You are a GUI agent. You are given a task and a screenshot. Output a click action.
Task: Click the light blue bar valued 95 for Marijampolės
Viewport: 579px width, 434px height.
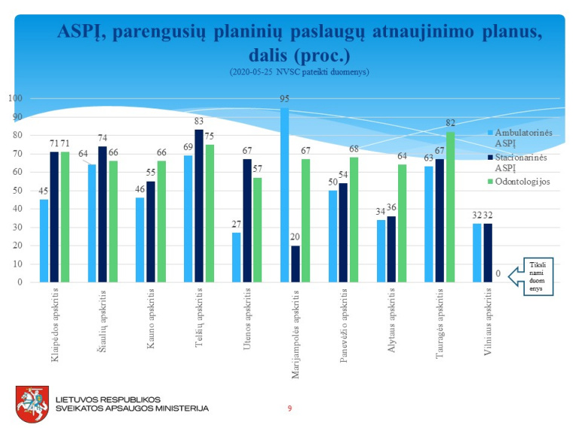[x=284, y=195]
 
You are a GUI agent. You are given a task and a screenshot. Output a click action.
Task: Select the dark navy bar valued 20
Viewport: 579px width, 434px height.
[x=295, y=264]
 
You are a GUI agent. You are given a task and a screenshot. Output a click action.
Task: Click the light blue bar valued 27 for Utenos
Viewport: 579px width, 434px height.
[x=236, y=257]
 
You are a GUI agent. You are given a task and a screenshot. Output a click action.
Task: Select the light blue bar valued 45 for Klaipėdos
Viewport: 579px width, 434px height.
[x=44, y=240]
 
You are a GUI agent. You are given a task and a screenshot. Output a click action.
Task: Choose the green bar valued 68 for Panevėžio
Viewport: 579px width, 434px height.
[x=353, y=219]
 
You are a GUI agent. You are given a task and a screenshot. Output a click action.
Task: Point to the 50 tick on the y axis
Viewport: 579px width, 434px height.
[x=16, y=191]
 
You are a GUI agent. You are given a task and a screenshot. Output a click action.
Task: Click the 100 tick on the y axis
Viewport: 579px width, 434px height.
[x=14, y=99]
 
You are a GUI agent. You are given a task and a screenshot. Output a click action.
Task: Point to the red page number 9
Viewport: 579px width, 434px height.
[x=289, y=408]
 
